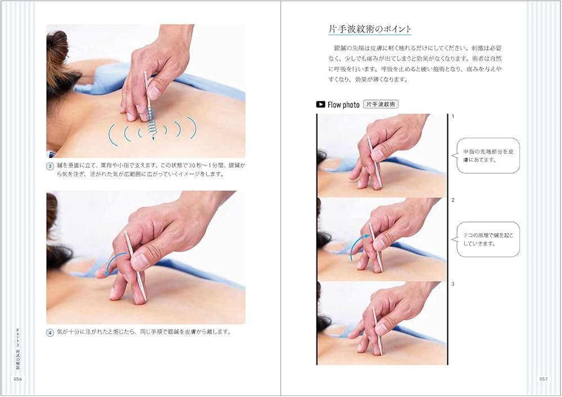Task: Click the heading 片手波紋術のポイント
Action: pyautogui.click(x=370, y=29)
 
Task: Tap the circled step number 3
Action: pyautogui.click(x=51, y=166)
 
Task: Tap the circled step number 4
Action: pyautogui.click(x=51, y=332)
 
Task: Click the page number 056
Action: pyautogui.click(x=17, y=379)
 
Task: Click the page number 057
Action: pyautogui.click(x=543, y=379)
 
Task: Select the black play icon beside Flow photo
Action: pyautogui.click(x=321, y=104)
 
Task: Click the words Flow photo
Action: pyautogui.click(x=343, y=104)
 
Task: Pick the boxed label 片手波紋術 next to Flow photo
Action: pyautogui.click(x=380, y=104)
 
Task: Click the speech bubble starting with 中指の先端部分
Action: pyautogui.click(x=488, y=156)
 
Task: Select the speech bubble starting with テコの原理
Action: pyautogui.click(x=488, y=239)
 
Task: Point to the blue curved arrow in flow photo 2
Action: pyautogui.click(x=357, y=247)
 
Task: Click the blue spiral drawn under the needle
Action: pyautogui.click(x=151, y=131)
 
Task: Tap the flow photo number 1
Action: pyautogui.click(x=452, y=117)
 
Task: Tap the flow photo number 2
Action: pyautogui.click(x=452, y=200)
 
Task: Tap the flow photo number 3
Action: pyautogui.click(x=452, y=284)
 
